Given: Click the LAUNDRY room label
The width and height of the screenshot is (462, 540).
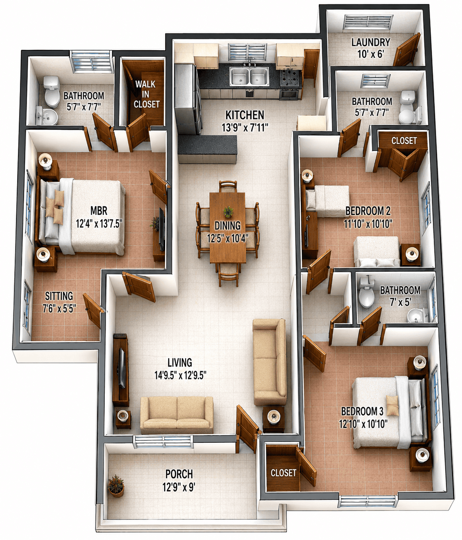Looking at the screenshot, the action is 370,42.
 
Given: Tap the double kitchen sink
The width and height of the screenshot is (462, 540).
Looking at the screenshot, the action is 249,76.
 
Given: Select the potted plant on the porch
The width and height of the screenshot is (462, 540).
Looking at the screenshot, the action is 116,486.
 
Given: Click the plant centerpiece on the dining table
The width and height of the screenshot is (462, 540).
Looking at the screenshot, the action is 228,212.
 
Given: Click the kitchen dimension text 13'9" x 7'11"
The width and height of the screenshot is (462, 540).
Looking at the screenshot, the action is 245,128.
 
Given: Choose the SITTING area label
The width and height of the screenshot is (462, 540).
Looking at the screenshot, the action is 59,296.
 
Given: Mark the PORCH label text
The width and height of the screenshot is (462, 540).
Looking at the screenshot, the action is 179,474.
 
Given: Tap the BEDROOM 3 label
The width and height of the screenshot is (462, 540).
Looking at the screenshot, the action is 362,411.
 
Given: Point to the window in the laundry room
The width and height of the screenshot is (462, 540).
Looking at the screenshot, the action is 368,22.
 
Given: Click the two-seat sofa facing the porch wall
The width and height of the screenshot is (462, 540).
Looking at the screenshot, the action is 177,415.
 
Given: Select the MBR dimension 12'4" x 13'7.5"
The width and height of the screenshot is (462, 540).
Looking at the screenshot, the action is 99,224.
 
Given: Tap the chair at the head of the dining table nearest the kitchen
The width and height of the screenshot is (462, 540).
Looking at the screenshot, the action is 228,186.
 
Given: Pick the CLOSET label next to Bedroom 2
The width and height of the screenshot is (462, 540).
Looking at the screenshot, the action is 404,141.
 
